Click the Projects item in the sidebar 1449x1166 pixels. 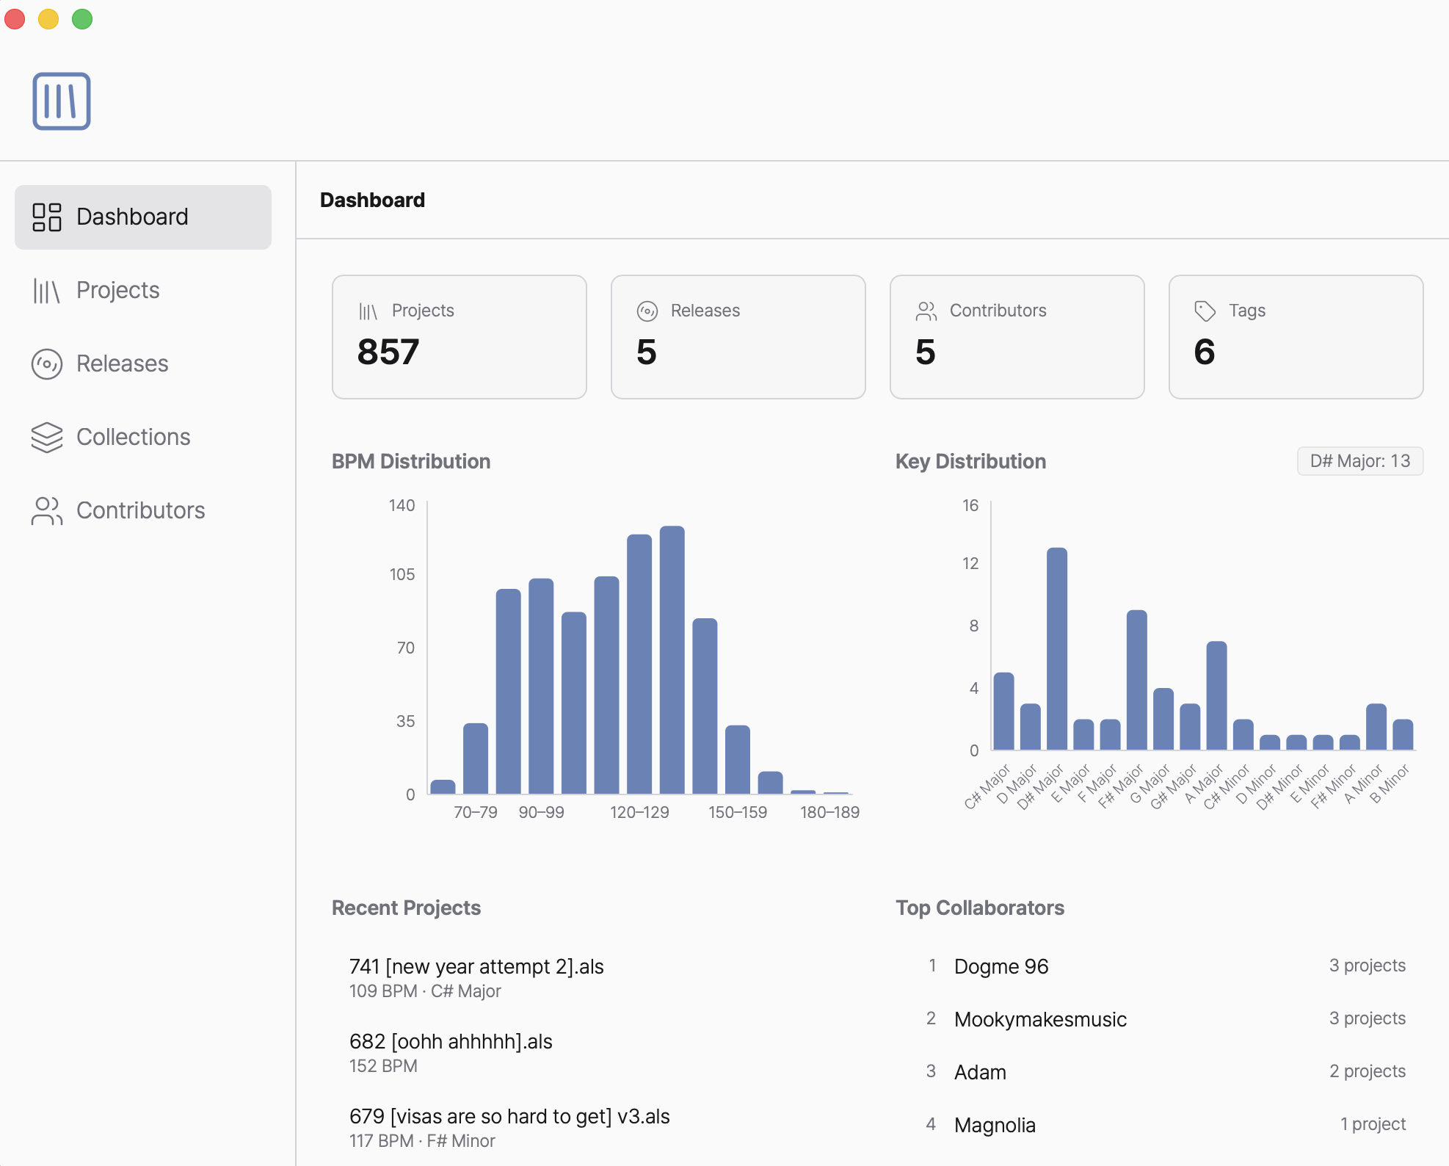click(117, 291)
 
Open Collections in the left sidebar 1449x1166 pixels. click(133, 438)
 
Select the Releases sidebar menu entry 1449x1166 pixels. click(122, 364)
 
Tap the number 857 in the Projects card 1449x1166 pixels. click(388, 352)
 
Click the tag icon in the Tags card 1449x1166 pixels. click(1205, 311)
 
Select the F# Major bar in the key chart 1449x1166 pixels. click(1136, 679)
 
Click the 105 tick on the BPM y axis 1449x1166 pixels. click(402, 575)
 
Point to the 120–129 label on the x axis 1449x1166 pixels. click(639, 813)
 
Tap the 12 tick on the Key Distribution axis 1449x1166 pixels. click(970, 564)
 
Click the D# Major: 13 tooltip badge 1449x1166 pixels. click(1359, 462)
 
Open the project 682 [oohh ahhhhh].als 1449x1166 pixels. click(451, 1042)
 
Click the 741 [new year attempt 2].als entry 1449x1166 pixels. click(476, 967)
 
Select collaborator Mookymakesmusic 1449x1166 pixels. click(1039, 1020)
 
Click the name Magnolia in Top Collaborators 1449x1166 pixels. click(994, 1126)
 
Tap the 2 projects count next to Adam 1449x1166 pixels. click(1367, 1072)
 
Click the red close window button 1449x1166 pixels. click(15, 19)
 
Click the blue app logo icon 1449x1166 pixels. click(62, 101)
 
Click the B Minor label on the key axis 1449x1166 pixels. click(1390, 783)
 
